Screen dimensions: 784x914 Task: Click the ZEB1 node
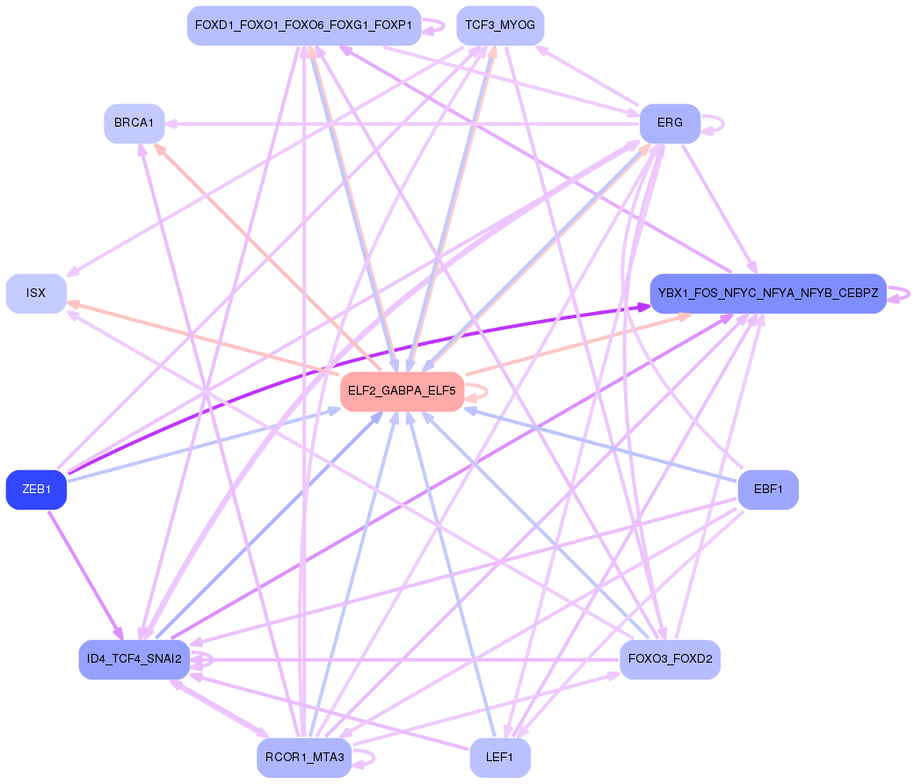(x=36, y=490)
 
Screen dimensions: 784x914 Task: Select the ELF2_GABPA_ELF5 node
(x=402, y=391)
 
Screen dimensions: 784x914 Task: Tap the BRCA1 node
(x=134, y=124)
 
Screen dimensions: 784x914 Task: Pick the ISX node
(x=36, y=294)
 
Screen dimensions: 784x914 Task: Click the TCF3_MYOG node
(x=500, y=25)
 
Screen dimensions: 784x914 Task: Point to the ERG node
(x=670, y=123)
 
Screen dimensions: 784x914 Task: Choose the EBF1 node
(x=768, y=490)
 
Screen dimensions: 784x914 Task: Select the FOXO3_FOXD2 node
(x=670, y=658)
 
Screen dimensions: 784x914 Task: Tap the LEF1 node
(x=500, y=758)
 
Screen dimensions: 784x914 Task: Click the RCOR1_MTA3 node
(x=304, y=758)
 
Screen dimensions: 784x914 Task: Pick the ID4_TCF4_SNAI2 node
(x=134, y=659)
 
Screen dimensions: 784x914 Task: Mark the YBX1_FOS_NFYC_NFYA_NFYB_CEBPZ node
(x=767, y=294)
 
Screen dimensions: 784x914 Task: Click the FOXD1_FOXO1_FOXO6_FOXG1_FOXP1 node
(x=304, y=25)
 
